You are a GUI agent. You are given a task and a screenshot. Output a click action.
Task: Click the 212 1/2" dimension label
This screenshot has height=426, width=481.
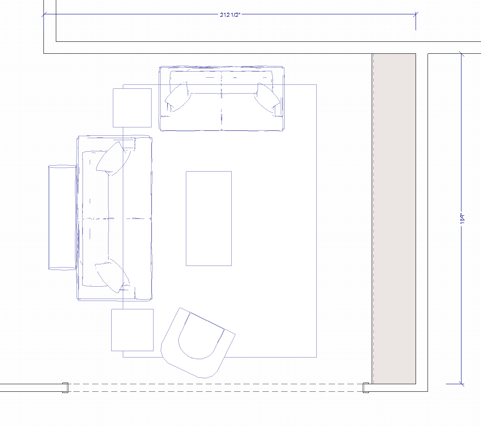point(230,15)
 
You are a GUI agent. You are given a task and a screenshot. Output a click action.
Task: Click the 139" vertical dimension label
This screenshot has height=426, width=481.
point(462,219)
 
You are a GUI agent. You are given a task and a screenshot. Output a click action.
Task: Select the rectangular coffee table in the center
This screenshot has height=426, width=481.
point(209,218)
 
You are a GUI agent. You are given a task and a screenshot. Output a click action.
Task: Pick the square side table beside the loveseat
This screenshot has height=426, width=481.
point(132,108)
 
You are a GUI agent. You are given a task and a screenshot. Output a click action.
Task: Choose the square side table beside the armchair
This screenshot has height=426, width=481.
point(132,330)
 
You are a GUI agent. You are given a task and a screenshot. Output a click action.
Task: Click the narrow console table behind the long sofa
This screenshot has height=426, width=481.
point(62,218)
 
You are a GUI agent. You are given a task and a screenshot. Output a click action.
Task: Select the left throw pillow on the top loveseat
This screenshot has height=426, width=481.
point(178,97)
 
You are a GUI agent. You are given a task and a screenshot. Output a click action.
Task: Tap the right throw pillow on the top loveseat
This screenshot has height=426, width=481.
point(267,98)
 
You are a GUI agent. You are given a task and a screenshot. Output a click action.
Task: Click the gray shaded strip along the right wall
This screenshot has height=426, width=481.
point(394,219)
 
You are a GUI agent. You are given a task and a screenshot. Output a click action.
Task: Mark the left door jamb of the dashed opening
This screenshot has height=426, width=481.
point(65,388)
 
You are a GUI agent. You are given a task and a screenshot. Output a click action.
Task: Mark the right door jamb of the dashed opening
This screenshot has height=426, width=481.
point(366,388)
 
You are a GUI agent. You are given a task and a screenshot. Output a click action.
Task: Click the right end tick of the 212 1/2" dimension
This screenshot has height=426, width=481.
point(416,14)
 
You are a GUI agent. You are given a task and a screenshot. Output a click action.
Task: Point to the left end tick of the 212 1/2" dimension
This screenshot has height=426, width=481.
point(44,14)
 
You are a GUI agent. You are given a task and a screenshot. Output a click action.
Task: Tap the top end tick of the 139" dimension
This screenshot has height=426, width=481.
point(461,54)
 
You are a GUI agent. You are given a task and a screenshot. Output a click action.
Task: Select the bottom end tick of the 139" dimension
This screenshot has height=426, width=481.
point(461,384)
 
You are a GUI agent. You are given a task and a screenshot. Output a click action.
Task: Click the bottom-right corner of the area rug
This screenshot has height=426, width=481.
point(316,357)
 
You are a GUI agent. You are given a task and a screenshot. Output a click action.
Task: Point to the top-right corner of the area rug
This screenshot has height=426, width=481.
point(316,85)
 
